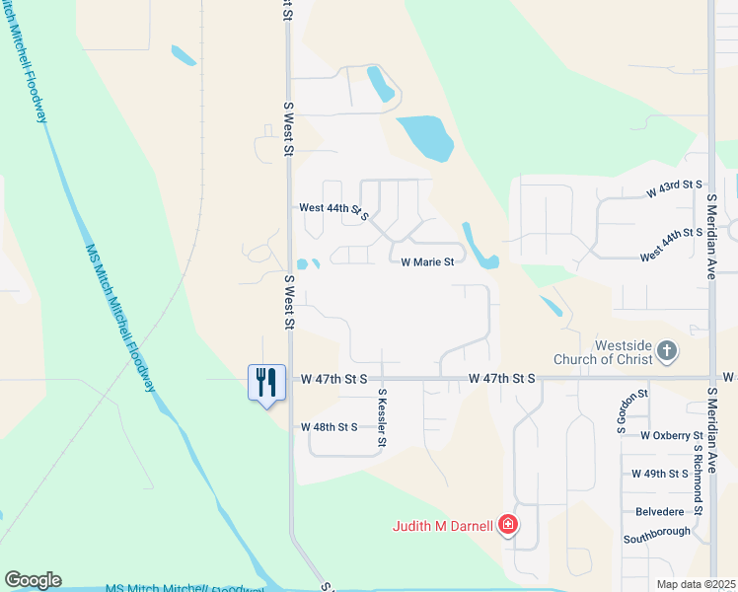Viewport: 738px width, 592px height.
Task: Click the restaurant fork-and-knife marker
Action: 266,382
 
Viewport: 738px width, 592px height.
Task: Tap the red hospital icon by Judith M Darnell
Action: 507,524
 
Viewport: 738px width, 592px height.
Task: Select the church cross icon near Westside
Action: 667,350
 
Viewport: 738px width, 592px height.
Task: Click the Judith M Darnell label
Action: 443,526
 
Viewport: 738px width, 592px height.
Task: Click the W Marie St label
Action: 427,262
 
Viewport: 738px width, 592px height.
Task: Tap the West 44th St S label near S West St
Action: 333,210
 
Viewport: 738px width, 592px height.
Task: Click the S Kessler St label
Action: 382,415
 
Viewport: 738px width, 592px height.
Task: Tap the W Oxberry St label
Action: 671,435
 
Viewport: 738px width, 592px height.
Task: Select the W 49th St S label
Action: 659,474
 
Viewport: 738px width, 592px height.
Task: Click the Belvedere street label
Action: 660,513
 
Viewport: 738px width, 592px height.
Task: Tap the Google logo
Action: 33,580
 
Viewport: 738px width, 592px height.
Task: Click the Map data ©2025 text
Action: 697,584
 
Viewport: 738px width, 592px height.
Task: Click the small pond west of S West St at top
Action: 184,55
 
